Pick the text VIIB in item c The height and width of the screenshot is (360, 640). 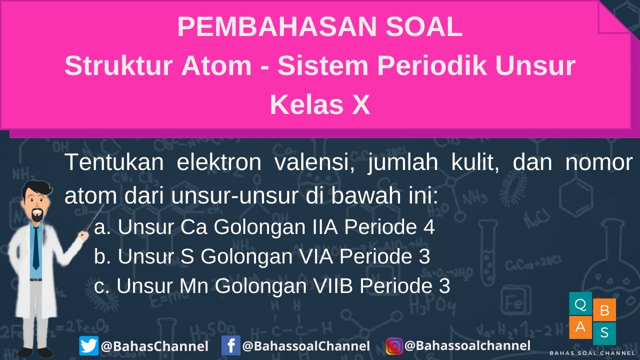coord(333,286)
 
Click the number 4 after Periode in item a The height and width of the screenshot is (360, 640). coord(428,227)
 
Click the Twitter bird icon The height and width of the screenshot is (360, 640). coord(88,346)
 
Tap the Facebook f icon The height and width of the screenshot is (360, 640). coord(230,346)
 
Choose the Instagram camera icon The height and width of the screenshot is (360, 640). coord(394,346)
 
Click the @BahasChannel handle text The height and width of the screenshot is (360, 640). coord(154,346)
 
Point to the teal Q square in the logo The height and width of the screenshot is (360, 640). coord(580,303)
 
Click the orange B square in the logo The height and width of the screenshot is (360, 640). coord(604,310)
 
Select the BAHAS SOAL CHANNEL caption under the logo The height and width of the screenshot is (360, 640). coord(592,353)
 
